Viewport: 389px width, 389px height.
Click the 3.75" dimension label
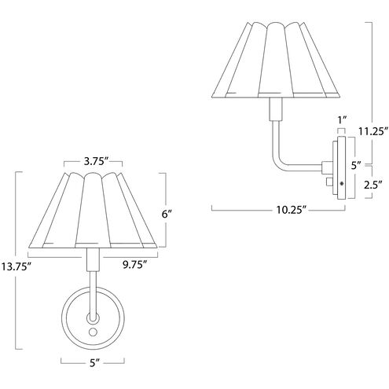coord(95,162)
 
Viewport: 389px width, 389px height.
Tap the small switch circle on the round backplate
coord(94,333)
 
